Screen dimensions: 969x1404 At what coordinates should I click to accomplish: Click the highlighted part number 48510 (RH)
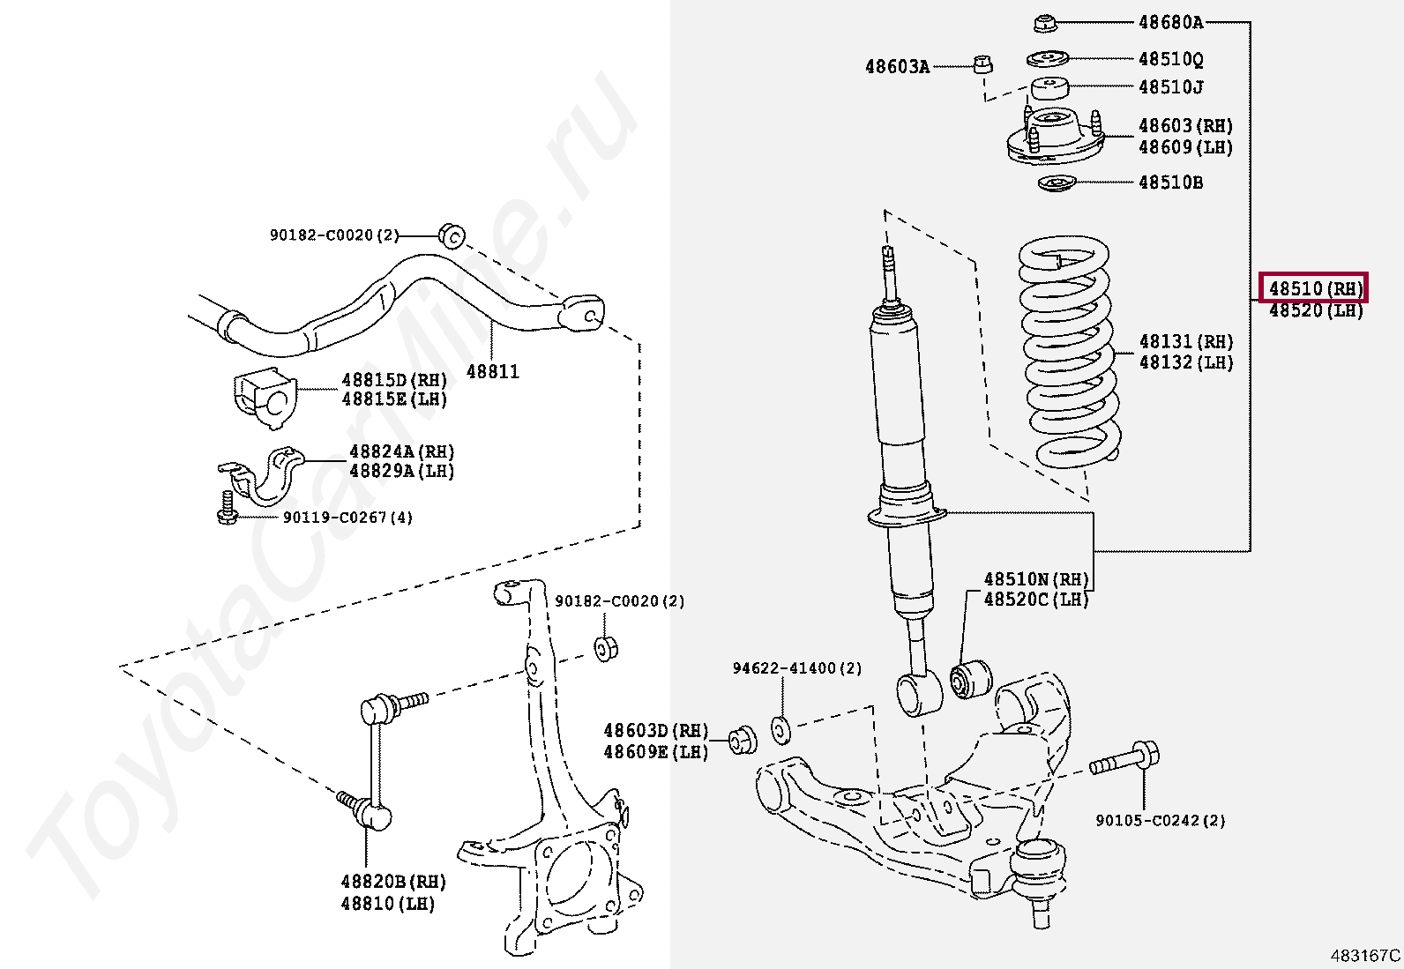pos(1314,288)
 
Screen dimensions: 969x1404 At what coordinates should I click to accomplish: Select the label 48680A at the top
pos(1170,22)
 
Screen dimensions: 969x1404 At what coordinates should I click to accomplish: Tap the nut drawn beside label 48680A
pos(1046,23)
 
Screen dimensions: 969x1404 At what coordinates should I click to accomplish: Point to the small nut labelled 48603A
pos(983,63)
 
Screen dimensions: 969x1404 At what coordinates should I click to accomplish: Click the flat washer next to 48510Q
pos(1048,59)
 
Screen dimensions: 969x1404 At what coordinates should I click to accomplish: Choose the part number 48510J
pos(1170,86)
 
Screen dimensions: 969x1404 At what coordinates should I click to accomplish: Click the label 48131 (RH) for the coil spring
pos(1185,341)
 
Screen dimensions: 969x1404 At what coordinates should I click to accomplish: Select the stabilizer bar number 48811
pos(492,371)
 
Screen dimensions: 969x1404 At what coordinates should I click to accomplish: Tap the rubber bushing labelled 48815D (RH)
pos(265,399)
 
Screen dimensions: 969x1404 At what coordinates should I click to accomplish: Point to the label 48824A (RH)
pos(401,451)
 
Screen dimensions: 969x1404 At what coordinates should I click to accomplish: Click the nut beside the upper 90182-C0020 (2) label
pos(452,235)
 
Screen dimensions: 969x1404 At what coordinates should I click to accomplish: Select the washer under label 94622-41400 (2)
pos(780,729)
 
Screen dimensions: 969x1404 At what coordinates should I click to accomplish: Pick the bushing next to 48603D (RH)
pos(743,740)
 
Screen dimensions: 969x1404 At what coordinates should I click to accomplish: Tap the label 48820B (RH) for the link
pos(393,882)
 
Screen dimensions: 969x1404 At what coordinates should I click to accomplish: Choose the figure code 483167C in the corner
pos(1365,955)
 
